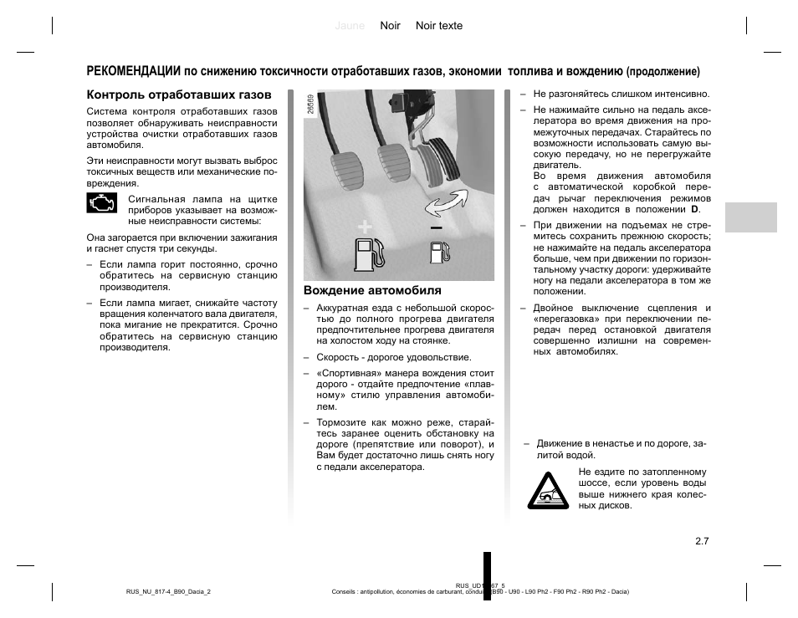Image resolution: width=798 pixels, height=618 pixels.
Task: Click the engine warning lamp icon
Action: point(102,204)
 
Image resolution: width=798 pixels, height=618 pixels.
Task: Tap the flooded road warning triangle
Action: point(548,491)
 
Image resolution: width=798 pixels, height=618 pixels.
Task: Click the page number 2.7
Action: point(701,541)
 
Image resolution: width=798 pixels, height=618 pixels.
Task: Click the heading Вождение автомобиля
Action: point(372,291)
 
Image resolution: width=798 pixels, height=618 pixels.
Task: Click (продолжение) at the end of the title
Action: point(662,72)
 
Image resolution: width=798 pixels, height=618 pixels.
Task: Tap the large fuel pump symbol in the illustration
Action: point(368,253)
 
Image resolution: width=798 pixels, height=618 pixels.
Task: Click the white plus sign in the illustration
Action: point(364,227)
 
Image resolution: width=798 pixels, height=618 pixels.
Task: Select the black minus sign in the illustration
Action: point(436,227)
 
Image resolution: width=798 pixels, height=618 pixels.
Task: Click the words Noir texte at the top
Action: point(438,26)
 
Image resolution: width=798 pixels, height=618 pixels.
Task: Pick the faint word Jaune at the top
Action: point(350,26)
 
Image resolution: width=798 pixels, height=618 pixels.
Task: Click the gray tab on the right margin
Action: point(750,217)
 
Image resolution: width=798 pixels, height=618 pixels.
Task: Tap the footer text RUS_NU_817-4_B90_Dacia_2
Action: point(168,591)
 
